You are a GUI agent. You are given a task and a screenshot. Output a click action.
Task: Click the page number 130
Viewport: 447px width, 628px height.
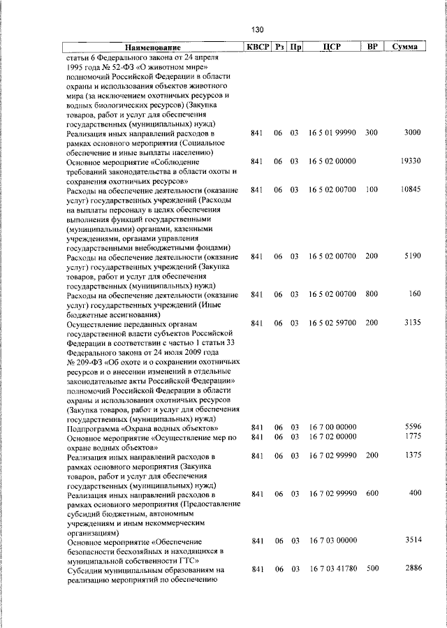pyautogui.click(x=258, y=29)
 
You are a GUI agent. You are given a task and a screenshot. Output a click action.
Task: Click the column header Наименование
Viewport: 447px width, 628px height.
pyautogui.click(x=152, y=47)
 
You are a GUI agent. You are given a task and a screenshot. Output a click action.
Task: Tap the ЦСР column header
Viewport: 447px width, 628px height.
pyautogui.click(x=332, y=47)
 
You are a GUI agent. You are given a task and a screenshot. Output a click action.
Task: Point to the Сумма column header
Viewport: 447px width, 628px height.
pyautogui.click(x=405, y=47)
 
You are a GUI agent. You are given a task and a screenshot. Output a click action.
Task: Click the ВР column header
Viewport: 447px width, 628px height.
pyautogui.click(x=372, y=47)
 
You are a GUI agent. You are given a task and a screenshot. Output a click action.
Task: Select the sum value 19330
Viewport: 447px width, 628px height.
pyautogui.click(x=407, y=161)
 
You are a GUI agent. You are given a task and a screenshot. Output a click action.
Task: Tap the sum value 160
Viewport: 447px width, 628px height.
pyautogui.click(x=414, y=294)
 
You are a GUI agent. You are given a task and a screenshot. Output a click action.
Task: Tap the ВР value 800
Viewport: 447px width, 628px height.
pyautogui.click(x=371, y=294)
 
